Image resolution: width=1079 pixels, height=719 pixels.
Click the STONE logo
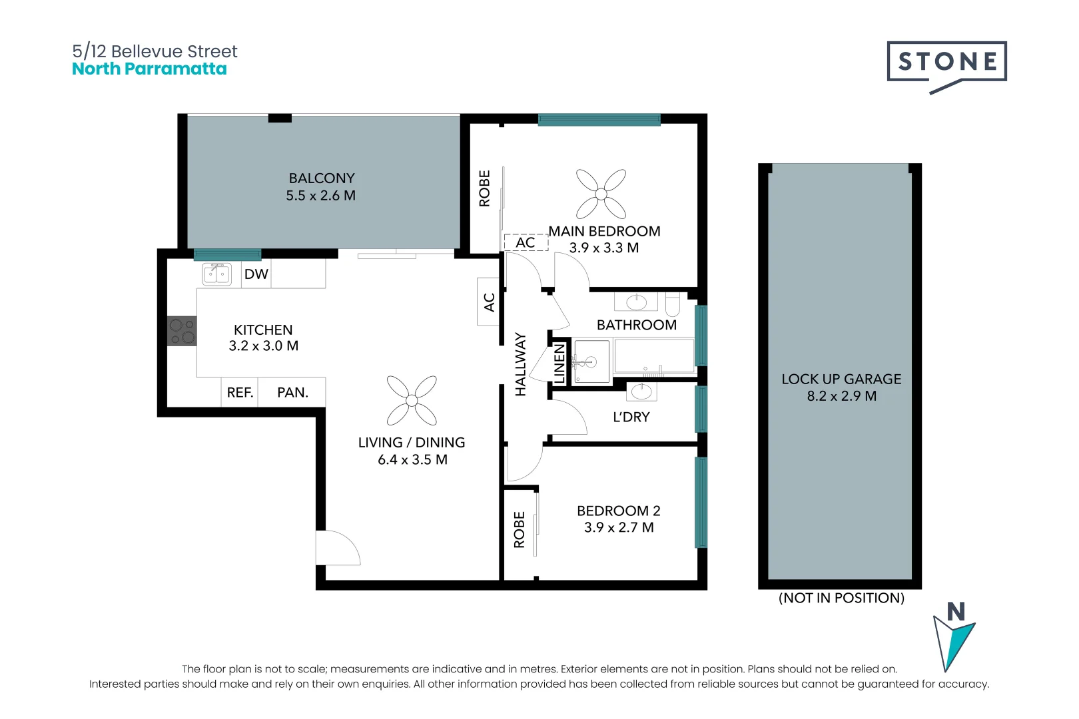(x=946, y=63)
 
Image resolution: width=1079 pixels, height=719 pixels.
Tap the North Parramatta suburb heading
(x=149, y=69)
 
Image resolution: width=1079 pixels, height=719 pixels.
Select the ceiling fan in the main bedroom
(x=601, y=194)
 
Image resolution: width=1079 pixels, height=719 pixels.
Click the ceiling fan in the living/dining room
(x=412, y=400)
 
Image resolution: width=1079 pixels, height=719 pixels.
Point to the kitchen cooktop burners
(x=182, y=331)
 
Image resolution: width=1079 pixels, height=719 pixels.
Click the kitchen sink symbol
(x=217, y=274)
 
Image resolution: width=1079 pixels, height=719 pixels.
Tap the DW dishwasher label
(x=256, y=274)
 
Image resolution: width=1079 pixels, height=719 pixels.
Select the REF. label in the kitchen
(x=240, y=393)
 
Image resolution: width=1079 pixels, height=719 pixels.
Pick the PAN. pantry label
(x=292, y=393)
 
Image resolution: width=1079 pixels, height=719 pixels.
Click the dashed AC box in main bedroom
(x=526, y=242)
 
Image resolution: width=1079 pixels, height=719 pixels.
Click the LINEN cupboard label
(x=559, y=363)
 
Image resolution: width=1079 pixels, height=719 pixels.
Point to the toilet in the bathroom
(x=672, y=304)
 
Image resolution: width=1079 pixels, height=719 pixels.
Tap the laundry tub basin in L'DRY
(x=641, y=391)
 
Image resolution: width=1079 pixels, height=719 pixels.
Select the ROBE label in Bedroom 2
(x=520, y=529)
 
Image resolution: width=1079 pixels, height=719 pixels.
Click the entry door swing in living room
(x=338, y=548)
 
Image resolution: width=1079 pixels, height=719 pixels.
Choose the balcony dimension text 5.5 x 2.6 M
(x=321, y=196)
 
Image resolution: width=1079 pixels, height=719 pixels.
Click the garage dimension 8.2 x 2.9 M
(x=841, y=396)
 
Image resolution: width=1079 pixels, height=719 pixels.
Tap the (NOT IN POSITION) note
(x=841, y=598)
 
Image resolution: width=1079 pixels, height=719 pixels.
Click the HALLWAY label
(x=521, y=365)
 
